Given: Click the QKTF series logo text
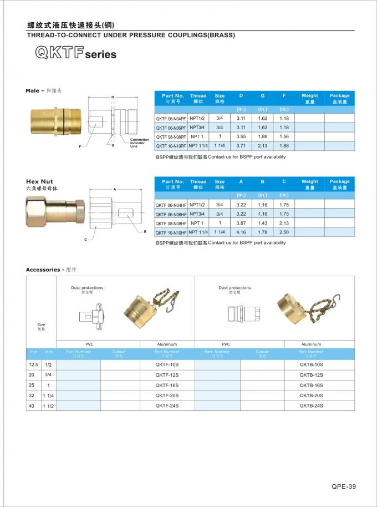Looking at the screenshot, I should tap(75, 53).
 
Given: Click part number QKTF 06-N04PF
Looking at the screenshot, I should tap(171, 119).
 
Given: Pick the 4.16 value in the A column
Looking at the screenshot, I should tap(241, 232).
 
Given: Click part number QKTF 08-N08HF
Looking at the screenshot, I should tap(171, 224).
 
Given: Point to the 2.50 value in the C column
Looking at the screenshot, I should tap(284, 232).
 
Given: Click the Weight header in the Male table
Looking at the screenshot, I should tap(309, 98).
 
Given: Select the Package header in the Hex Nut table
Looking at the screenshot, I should tap(339, 184).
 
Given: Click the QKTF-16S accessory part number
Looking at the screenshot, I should tap(167, 385).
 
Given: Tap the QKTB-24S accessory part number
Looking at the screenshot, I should tap(311, 405).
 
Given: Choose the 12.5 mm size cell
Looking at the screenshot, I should tap(33, 364).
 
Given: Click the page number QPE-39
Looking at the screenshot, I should tap(344, 486).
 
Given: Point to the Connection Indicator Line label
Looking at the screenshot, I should tap(139, 143).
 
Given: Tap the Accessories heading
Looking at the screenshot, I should tap(43, 270).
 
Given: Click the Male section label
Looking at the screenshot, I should tap(34, 90).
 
